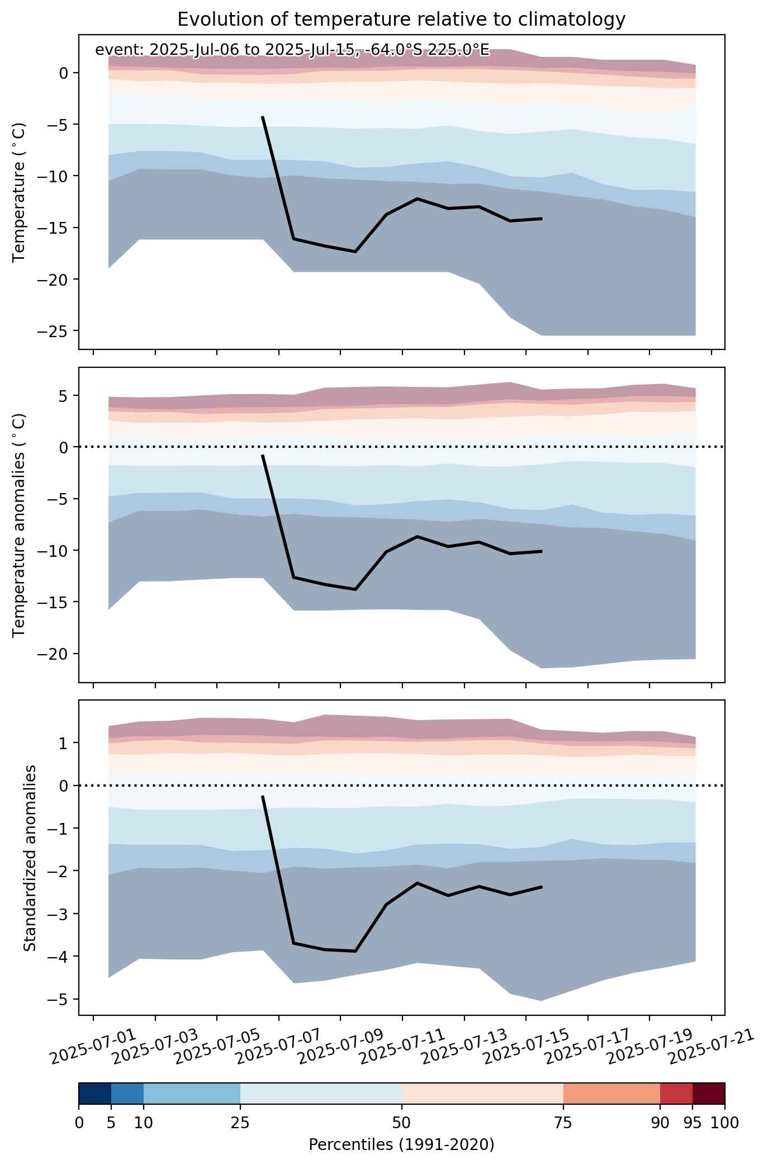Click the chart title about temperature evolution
(401, 20)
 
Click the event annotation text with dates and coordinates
(292, 50)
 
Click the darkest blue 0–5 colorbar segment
(95, 1094)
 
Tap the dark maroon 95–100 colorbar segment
(709, 1094)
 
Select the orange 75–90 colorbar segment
(612, 1094)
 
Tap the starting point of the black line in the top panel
(263, 117)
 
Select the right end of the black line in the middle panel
(542, 551)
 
